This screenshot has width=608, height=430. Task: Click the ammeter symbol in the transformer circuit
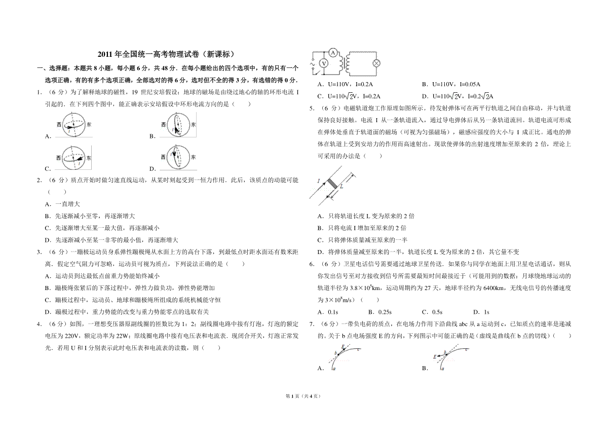pyautogui.click(x=333, y=52)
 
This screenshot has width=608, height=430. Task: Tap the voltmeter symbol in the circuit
pyautogui.click(x=323, y=63)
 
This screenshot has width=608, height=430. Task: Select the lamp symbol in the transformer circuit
pyautogui.click(x=376, y=63)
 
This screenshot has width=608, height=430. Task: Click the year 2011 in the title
pyautogui.click(x=105, y=54)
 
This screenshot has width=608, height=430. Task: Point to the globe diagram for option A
pyautogui.click(x=74, y=125)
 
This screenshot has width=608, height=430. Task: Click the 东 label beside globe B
pyautogui.click(x=193, y=124)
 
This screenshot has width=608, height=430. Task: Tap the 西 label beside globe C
pyautogui.click(x=59, y=158)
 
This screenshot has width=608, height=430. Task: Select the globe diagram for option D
pyautogui.click(x=178, y=158)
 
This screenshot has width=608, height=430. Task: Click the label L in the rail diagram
pyautogui.click(x=341, y=187)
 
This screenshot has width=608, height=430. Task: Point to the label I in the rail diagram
pyautogui.click(x=319, y=181)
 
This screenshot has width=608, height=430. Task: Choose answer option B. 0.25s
pyautogui.click(x=380, y=312)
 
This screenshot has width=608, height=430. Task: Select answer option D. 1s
pyautogui.click(x=481, y=312)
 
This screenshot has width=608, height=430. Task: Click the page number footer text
pyautogui.click(x=303, y=396)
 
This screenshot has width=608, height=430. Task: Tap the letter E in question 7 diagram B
pyautogui.click(x=435, y=356)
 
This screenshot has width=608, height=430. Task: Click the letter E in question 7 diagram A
pyautogui.click(x=343, y=346)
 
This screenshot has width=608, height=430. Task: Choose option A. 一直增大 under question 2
pyautogui.click(x=62, y=204)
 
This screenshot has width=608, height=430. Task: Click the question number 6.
pyautogui.click(x=312, y=264)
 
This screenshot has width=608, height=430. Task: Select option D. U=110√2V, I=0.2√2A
pyautogui.click(x=458, y=96)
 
